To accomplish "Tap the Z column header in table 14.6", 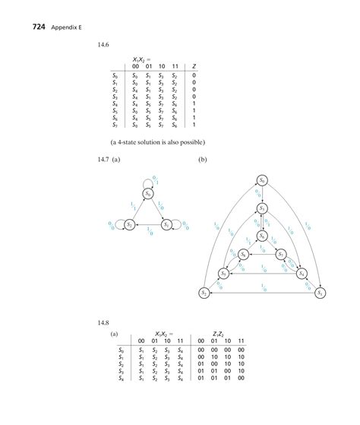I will point(194,66).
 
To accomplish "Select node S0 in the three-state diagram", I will point(149,194).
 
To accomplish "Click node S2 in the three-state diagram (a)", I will point(130,225).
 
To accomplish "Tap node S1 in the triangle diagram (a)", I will point(167,225).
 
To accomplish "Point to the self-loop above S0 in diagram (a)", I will point(149,179).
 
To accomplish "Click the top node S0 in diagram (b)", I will point(262,180).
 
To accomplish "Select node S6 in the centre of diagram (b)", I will point(262,236).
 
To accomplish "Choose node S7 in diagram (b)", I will point(280,255).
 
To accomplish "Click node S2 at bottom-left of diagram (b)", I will point(205,293).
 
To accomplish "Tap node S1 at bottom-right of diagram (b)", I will point(320,293).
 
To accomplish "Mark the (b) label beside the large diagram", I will point(203,160).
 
